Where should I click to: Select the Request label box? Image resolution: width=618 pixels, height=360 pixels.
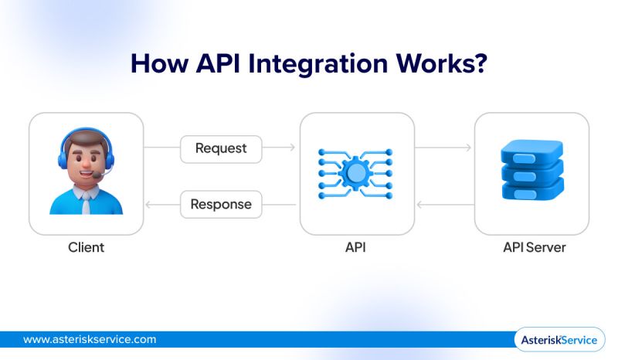point(221,148)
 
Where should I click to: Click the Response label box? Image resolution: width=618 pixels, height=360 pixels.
point(221,205)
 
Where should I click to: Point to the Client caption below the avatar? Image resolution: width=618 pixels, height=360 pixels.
point(86,248)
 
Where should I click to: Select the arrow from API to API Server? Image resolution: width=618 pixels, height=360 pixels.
point(443,148)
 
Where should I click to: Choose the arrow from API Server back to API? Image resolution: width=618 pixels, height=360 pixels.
point(443,205)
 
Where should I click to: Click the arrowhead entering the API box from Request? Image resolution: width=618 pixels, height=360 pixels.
point(291,148)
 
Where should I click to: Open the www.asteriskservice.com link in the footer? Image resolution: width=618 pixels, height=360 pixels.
point(90,339)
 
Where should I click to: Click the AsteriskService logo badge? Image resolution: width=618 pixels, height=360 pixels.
point(559,340)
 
